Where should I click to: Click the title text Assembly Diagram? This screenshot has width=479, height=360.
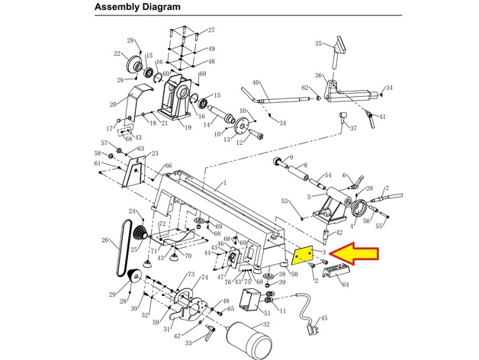pyautogui.click(x=137, y=8)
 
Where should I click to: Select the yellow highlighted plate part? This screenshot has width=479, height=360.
pyautogui.click(x=304, y=253)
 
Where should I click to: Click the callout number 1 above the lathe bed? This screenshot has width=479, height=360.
pyautogui.click(x=225, y=184)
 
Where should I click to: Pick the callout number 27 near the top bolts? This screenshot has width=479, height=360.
pyautogui.click(x=211, y=31)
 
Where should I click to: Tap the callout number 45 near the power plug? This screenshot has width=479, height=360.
pyautogui.click(x=323, y=318)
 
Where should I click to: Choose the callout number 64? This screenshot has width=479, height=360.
pyautogui.click(x=346, y=284)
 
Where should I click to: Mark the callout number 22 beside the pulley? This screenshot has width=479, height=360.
pyautogui.click(x=117, y=54)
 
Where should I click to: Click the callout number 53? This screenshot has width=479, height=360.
pyautogui.click(x=284, y=201)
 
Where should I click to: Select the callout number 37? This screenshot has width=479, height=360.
pyautogui.click(x=353, y=128)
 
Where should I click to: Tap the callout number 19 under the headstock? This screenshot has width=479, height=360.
pyautogui.click(x=187, y=127)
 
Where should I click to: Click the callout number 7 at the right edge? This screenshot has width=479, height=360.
pyautogui.click(x=387, y=188)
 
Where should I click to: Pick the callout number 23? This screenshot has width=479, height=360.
pyautogui.click(x=155, y=153)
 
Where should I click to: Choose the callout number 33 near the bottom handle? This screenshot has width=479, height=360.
pyautogui.click(x=188, y=344)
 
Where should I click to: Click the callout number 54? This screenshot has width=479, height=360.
pyautogui.click(x=327, y=175)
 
